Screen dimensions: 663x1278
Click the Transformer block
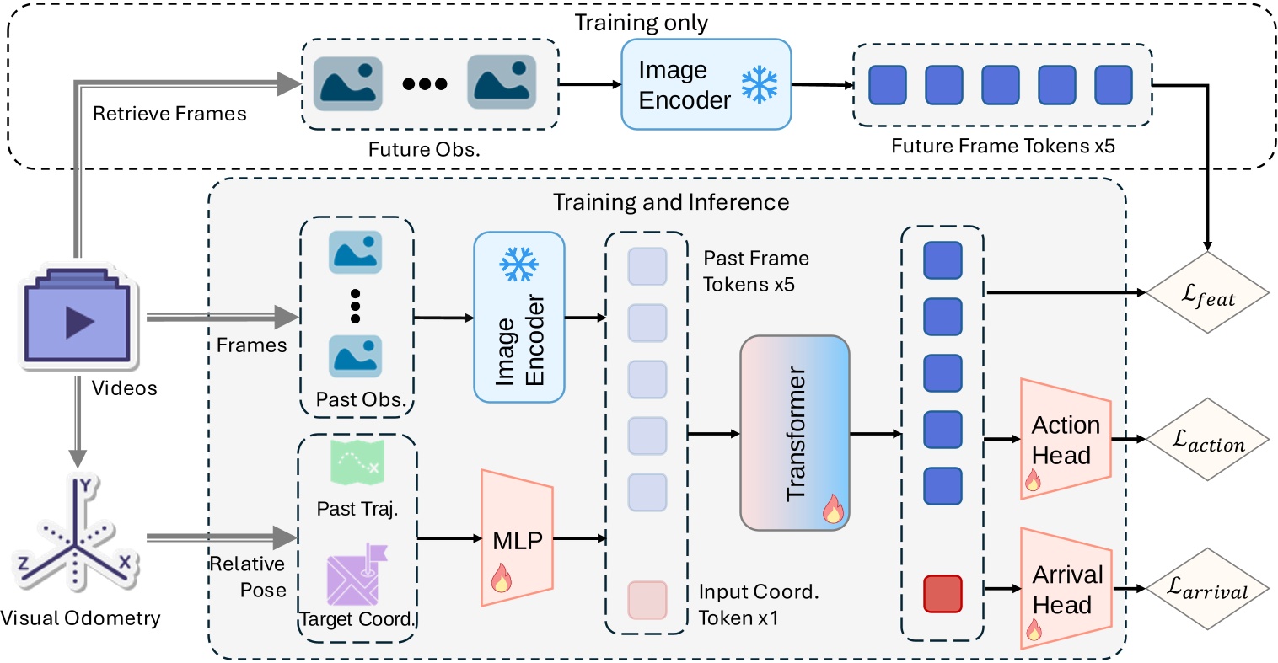point(794,433)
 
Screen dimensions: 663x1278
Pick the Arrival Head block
point(1066,589)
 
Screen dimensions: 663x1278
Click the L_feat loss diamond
point(1207,294)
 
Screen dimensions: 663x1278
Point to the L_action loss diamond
point(1207,440)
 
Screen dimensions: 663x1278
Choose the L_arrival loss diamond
point(1207,589)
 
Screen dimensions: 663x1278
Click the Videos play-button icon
point(78,321)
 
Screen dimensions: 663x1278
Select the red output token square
point(942,594)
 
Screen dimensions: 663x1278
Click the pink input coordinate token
point(647,600)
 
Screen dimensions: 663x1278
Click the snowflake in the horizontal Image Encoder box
point(759,85)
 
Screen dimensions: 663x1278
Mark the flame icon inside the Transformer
point(832,509)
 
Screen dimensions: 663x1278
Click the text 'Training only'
point(641,23)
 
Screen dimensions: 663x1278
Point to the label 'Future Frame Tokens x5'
point(1002,146)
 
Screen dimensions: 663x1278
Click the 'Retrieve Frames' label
point(169,114)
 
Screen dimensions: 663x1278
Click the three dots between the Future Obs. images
point(424,83)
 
